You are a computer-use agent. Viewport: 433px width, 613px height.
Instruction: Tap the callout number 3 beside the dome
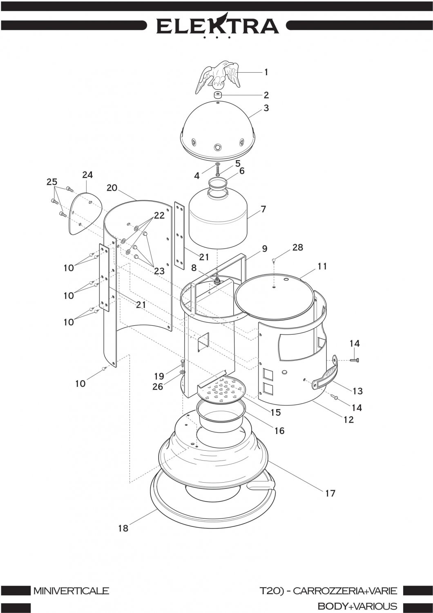tap(266, 108)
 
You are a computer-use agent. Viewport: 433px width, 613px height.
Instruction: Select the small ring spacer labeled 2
tap(217, 96)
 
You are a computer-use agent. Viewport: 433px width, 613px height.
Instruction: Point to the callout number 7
tap(263, 209)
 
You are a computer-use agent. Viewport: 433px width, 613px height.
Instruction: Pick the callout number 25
tap(52, 182)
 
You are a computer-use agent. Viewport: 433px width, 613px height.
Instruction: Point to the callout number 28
tap(298, 247)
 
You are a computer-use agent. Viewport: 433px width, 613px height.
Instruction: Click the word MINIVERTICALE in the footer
tap(71, 591)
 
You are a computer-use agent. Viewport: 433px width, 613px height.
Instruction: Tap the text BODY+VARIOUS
tap(357, 606)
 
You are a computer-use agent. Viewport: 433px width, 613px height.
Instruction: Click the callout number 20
tap(112, 188)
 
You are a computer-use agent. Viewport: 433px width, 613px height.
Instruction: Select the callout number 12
tap(348, 420)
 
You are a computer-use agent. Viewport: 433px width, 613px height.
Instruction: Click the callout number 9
tap(265, 249)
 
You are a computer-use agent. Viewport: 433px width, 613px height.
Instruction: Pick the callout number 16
tap(279, 431)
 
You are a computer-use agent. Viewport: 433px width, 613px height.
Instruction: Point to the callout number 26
tap(158, 387)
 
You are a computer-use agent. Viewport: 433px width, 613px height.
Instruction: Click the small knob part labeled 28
tap(274, 260)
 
